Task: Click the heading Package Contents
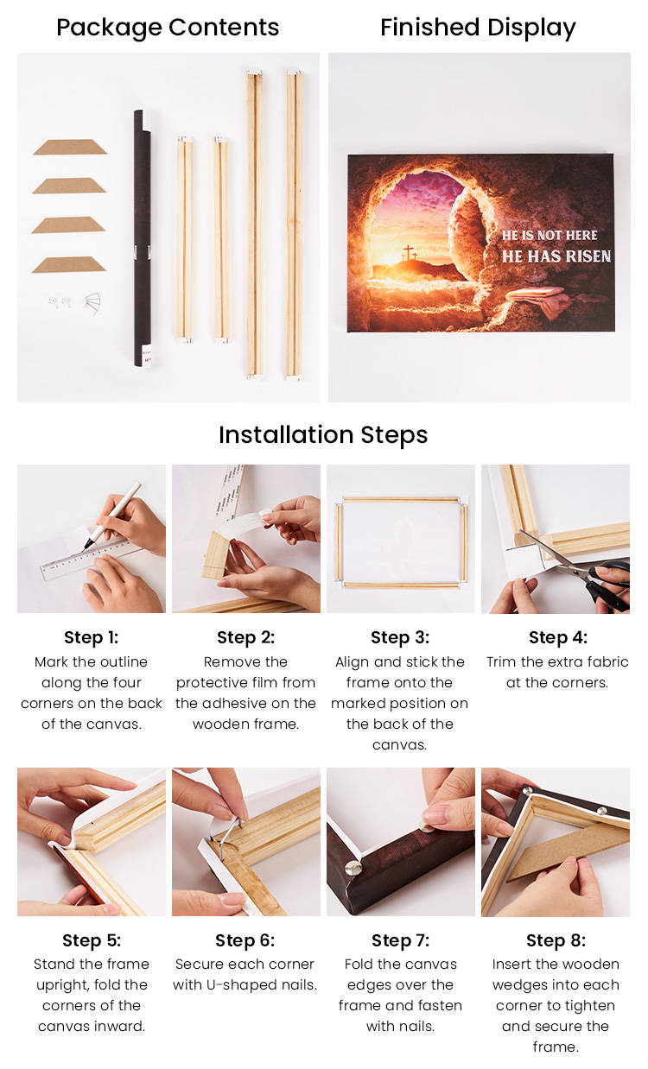pyautogui.click(x=168, y=28)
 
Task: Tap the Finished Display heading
pyautogui.click(x=478, y=28)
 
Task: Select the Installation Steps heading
pyautogui.click(x=323, y=434)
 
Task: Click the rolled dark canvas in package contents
pyautogui.click(x=143, y=238)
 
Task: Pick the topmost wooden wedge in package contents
pyautogui.click(x=70, y=147)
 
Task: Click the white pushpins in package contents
pyautogui.click(x=60, y=301)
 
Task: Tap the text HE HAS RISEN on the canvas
pyautogui.click(x=556, y=256)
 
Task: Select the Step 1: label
pyautogui.click(x=92, y=637)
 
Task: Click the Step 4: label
pyautogui.click(x=558, y=637)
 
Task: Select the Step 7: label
pyautogui.click(x=401, y=940)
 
